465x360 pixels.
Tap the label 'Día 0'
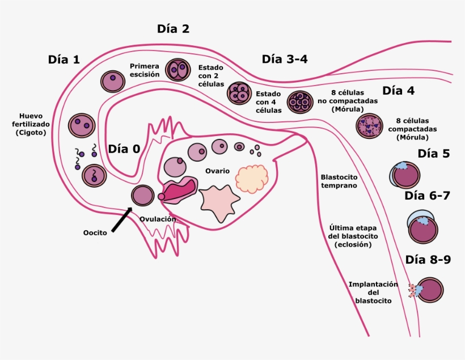click(x=124, y=149)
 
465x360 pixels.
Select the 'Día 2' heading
click(x=173, y=29)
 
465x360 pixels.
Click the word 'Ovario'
click(x=217, y=171)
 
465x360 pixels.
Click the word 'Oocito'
click(x=94, y=232)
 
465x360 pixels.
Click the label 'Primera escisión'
click(x=145, y=70)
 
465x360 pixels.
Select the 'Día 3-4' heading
click(x=285, y=60)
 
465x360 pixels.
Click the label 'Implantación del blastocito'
click(x=373, y=293)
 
